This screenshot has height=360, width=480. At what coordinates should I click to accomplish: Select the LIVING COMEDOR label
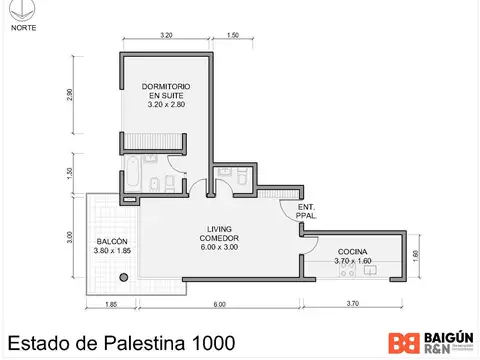220,238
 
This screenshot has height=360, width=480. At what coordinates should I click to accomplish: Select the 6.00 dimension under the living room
219,304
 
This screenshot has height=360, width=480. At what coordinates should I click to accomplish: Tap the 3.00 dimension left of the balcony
70,241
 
